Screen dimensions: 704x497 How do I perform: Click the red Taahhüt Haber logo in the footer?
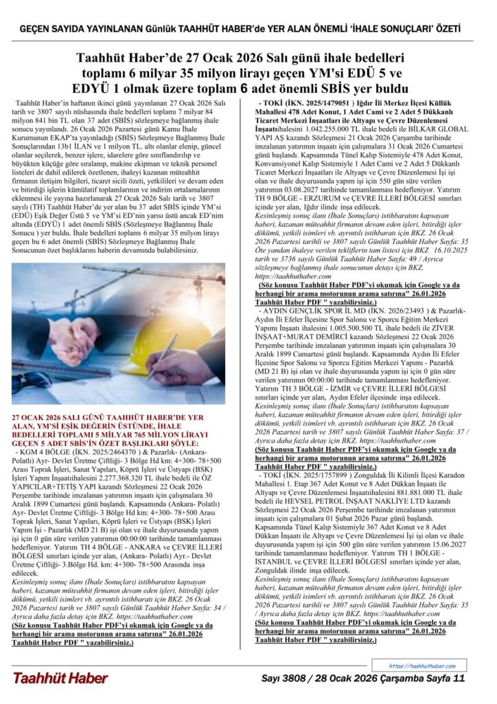tap(60, 678)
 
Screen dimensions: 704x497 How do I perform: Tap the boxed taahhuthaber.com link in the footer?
tap(422, 665)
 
